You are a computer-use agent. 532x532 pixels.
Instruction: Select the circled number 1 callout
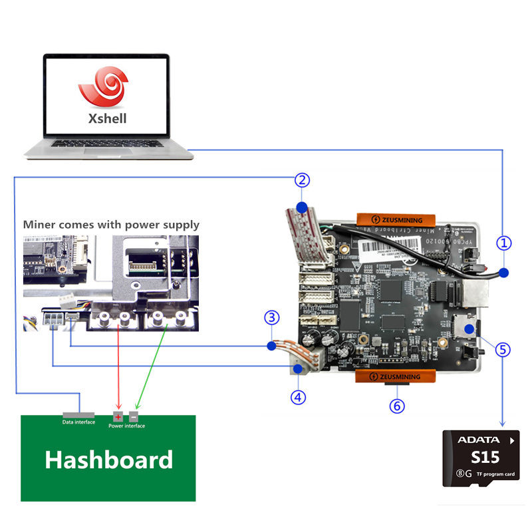(x=505, y=243)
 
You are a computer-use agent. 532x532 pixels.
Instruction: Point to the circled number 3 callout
(x=271, y=317)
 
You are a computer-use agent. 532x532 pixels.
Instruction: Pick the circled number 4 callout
(x=298, y=397)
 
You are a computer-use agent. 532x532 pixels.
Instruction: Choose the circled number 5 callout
(x=503, y=348)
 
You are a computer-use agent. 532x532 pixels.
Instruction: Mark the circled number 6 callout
(x=397, y=405)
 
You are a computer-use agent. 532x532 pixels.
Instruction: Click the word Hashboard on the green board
(x=109, y=460)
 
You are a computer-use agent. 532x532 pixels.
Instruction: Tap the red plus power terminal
(x=118, y=416)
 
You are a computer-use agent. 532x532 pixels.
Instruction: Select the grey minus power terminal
(x=134, y=416)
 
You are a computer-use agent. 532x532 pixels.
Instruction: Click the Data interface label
(x=78, y=422)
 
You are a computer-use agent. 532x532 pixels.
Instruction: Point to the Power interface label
(x=126, y=426)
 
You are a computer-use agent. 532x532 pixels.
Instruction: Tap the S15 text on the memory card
(x=485, y=458)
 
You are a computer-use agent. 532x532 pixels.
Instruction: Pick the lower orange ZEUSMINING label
(x=396, y=377)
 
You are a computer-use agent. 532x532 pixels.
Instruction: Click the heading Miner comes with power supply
(x=111, y=225)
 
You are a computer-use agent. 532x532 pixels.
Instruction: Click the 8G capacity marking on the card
(x=464, y=474)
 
